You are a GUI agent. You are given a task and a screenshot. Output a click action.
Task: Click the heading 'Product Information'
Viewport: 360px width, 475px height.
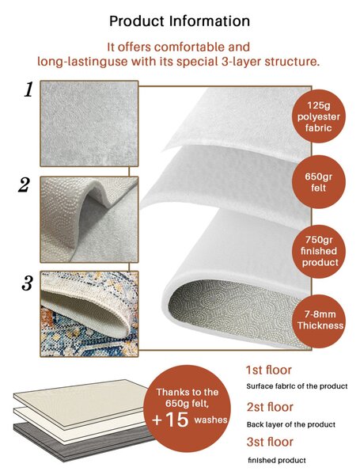tap(180, 21)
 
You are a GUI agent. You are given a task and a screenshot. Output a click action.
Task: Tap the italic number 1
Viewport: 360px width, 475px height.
tap(28, 89)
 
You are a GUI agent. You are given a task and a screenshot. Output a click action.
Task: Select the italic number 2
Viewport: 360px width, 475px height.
tap(25, 185)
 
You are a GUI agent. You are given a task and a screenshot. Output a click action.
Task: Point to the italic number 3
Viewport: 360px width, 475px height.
tap(27, 284)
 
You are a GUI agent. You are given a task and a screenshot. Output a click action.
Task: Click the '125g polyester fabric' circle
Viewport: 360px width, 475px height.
tap(318, 116)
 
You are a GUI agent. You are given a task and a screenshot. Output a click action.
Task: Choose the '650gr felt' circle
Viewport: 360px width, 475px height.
tap(319, 182)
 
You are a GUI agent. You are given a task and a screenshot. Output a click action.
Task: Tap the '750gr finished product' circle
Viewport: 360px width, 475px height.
tap(319, 251)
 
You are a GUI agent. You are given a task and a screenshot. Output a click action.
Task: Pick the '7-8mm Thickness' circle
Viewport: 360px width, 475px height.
tap(320, 321)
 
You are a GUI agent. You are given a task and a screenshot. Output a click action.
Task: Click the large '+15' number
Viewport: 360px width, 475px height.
tap(170, 420)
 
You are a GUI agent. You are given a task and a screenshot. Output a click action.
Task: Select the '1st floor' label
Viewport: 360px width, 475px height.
tap(268, 370)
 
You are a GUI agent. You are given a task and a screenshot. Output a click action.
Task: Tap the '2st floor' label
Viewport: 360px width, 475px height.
tap(270, 407)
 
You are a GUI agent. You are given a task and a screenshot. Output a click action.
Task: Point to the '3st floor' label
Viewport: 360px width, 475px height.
tap(270, 442)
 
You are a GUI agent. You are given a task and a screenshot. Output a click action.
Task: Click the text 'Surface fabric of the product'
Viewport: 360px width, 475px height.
tap(297, 386)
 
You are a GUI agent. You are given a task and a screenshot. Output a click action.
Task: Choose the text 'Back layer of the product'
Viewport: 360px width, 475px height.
tap(291, 424)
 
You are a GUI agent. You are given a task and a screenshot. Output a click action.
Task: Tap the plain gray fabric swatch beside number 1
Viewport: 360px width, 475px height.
tap(89, 123)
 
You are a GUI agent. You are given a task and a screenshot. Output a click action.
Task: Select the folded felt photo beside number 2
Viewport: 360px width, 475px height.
tap(89, 219)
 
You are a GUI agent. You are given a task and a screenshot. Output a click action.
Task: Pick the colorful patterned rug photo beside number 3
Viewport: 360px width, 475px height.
tap(89, 313)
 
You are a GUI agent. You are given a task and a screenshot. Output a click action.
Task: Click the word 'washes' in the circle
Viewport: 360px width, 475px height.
tap(210, 420)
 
